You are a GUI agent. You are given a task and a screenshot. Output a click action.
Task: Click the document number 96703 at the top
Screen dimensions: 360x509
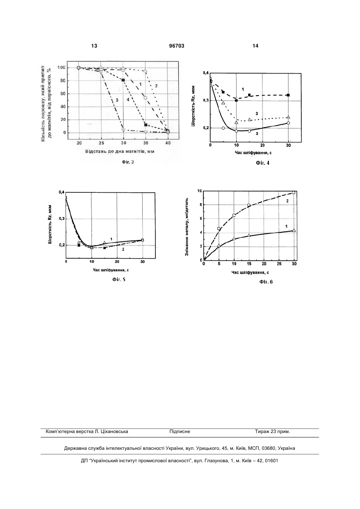point(177,46)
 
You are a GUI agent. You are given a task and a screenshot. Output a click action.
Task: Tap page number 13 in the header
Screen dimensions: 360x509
point(94,46)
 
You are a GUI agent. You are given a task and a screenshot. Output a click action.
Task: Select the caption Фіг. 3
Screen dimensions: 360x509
point(128,162)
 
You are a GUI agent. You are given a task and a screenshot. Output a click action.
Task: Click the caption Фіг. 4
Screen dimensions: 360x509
point(263,163)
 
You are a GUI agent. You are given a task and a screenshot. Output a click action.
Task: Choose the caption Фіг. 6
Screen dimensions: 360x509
point(266,282)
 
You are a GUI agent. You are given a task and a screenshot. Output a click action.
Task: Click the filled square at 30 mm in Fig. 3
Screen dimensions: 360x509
point(123,80)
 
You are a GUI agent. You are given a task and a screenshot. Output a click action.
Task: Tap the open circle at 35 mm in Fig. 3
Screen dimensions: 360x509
point(145,98)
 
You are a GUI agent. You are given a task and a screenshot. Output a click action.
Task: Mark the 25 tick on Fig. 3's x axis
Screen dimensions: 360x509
point(101,143)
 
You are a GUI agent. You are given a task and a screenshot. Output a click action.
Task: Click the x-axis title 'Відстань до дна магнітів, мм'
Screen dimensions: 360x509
point(120,151)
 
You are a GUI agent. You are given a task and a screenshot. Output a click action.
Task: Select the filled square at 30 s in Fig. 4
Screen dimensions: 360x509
point(288,95)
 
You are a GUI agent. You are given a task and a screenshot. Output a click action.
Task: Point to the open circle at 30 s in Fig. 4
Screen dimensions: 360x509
point(288,123)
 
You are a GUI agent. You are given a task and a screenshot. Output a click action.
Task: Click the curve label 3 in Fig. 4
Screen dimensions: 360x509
point(257,114)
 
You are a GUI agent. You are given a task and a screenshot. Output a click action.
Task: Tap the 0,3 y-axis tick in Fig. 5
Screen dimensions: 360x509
point(62,219)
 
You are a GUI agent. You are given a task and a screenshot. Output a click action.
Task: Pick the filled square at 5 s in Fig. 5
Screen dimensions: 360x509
point(79,246)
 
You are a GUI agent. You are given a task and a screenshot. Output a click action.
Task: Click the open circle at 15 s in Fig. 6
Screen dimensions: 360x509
point(249,205)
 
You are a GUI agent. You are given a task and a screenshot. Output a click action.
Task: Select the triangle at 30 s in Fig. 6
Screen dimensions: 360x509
point(294,230)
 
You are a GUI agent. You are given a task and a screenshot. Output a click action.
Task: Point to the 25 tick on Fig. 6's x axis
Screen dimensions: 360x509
point(279,264)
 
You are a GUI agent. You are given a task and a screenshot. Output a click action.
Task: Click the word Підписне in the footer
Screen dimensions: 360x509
point(180,431)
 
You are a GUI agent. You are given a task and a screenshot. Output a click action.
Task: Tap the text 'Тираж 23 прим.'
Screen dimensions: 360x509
point(272,431)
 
